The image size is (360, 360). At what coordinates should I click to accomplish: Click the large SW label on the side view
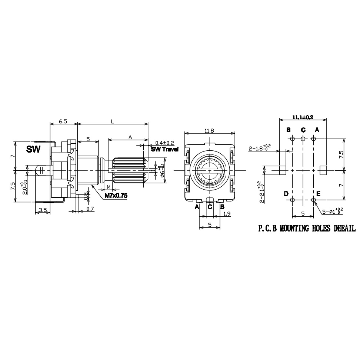point(33,150)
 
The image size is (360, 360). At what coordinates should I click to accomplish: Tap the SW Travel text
point(165,149)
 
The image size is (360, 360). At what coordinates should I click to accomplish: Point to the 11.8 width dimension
point(210,130)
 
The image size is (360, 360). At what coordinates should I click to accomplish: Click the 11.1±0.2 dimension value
point(303,117)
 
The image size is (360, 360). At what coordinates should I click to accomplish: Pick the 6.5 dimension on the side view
point(63,121)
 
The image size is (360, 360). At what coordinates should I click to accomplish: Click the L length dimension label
point(112,121)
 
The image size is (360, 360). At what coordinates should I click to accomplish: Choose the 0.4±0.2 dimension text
point(164,143)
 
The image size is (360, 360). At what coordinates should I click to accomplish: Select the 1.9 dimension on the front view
point(227,214)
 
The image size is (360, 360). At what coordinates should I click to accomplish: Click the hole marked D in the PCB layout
point(293,200)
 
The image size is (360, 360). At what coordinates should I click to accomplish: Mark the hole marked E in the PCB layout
point(313,200)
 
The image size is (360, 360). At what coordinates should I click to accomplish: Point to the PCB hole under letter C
point(303,139)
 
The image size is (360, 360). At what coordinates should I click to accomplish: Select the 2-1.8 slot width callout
point(259,148)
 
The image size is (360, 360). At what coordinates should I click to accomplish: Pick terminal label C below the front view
point(210,207)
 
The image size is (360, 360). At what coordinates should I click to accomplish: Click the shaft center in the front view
point(210,170)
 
